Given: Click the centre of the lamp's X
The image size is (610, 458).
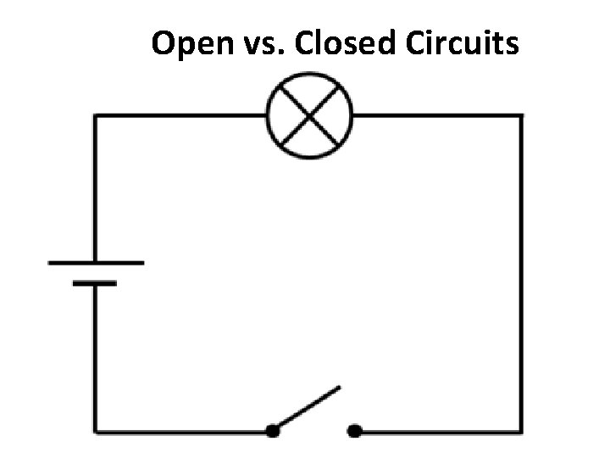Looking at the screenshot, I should pyautogui.click(x=309, y=116).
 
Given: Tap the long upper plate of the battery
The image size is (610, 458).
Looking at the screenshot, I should pyautogui.click(x=96, y=263).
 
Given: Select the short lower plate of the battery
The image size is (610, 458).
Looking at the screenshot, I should pyautogui.click(x=95, y=283).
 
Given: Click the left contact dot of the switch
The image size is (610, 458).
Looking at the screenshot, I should pyautogui.click(x=272, y=431).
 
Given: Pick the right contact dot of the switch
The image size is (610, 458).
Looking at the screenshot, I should pyautogui.click(x=355, y=431).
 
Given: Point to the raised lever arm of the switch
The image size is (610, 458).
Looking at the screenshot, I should pyautogui.click(x=308, y=408).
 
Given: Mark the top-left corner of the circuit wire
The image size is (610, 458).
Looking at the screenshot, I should pyautogui.click(x=95, y=116).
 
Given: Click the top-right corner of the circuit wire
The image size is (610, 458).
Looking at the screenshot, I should pyautogui.click(x=520, y=116).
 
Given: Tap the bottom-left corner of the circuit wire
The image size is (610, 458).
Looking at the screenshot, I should pyautogui.click(x=95, y=431).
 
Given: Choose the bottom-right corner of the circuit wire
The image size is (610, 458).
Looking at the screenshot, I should pyautogui.click(x=520, y=431).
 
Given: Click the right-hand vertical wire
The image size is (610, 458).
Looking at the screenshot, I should pyautogui.click(x=520, y=271).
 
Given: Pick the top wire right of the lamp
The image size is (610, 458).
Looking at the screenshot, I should pyautogui.click(x=436, y=116).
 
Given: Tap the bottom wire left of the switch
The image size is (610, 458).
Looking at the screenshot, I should pyautogui.click(x=182, y=431).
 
